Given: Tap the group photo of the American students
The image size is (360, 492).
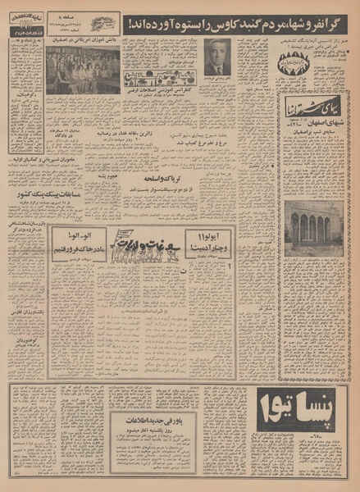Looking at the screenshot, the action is [82, 72].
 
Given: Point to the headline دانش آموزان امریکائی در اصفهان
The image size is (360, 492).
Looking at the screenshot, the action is [82, 39].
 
